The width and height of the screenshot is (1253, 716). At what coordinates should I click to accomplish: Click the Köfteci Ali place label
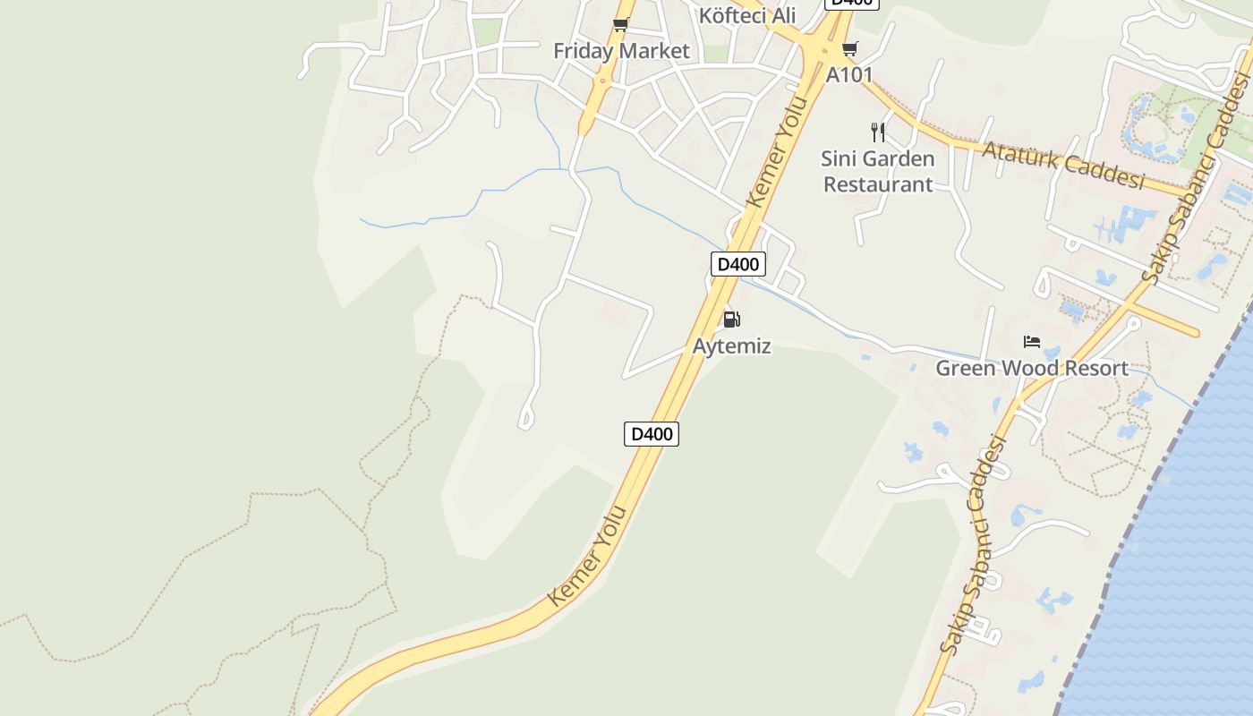pos(747,15)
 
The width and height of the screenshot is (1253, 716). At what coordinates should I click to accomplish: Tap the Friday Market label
pos(621,51)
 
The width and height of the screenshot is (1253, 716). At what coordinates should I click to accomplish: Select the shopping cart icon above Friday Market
pos(620,25)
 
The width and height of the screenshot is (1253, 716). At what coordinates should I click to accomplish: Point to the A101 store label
pos(848,74)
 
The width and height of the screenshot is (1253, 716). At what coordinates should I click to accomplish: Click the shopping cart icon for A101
pos(849,48)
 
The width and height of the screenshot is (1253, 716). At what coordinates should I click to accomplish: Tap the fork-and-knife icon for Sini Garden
pos(878,132)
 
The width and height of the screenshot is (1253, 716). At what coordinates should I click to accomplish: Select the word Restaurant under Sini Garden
pos(878,184)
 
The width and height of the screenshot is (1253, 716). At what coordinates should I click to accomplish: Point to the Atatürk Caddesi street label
pos(1063,164)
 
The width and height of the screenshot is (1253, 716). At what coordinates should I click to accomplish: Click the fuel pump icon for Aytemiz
pos(731,320)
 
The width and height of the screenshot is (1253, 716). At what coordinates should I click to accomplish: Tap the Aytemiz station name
pos(731,346)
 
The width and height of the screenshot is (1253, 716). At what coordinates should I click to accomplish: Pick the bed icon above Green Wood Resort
pos(1032,341)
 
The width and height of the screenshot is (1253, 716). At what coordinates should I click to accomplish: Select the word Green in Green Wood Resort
pos(966,368)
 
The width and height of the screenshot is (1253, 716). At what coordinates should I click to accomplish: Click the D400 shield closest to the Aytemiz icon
pos(738,264)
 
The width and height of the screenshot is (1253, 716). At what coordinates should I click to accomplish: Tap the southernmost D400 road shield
pos(651,434)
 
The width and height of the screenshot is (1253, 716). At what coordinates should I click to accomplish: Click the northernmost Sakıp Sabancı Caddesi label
pos(1196,179)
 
